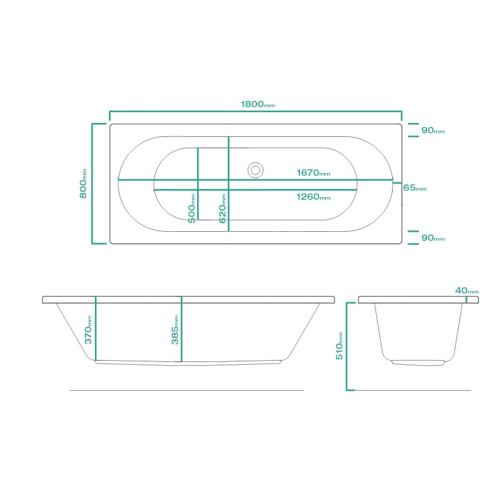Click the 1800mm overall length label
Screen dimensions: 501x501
tap(257, 105)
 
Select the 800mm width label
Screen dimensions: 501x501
tap(83, 182)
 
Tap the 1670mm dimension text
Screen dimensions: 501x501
tap(313, 173)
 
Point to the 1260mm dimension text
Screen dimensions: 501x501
tap(313, 197)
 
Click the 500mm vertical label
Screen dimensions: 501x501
tap(192, 208)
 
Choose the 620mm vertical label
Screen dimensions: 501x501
tap(222, 208)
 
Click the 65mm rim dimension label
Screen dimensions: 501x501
tap(415, 188)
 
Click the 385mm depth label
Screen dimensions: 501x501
tap(174, 330)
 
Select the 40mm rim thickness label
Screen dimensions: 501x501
tap(466, 291)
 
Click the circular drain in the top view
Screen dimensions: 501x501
tap(255, 170)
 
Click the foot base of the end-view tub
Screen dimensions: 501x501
tap(417, 363)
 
